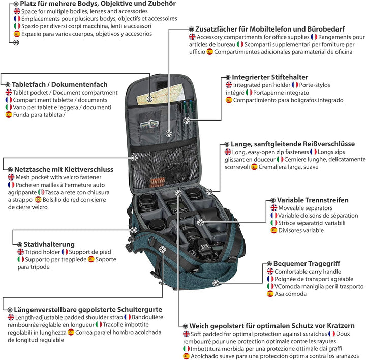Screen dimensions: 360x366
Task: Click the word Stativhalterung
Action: [x=49, y=244]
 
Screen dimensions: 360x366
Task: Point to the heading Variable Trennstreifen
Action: [x=313, y=200]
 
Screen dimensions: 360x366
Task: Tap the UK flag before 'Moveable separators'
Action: [x=274, y=208]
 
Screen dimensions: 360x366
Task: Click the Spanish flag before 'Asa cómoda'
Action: [x=270, y=294]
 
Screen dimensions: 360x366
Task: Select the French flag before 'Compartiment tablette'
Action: [x=9, y=100]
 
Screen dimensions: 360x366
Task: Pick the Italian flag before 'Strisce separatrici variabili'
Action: [x=274, y=223]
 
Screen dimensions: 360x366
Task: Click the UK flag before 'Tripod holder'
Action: [x=21, y=252]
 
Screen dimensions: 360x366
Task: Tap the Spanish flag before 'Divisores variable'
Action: [x=274, y=230]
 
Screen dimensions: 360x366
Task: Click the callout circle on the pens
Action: [x=187, y=121]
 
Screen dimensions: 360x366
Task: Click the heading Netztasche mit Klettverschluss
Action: [x=64, y=169]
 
